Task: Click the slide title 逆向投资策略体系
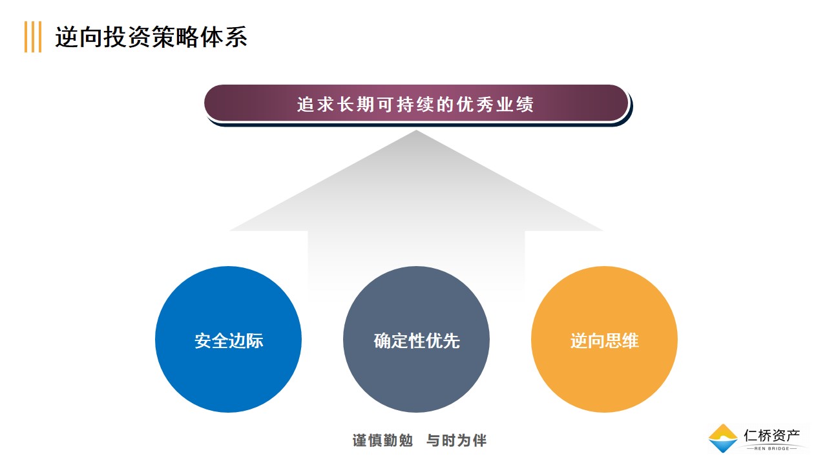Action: click(x=151, y=37)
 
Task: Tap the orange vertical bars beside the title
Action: click(x=33, y=37)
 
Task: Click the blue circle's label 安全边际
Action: click(x=229, y=340)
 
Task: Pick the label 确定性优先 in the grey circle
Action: click(x=417, y=340)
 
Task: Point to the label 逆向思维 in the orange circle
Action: click(x=604, y=340)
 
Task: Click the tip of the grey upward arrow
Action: click(x=416, y=130)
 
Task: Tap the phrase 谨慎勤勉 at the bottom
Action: click(x=382, y=440)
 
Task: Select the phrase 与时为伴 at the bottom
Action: click(x=456, y=440)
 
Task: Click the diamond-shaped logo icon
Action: click(x=723, y=438)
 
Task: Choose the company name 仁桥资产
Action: click(x=771, y=435)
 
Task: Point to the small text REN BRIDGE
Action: click(x=771, y=449)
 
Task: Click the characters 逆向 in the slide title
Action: click(x=79, y=37)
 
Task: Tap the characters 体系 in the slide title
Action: click(x=224, y=37)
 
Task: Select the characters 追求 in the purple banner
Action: click(x=316, y=105)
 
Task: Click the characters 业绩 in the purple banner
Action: click(x=515, y=105)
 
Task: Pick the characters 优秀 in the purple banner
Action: click(x=475, y=105)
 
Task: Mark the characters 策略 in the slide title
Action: click(x=175, y=37)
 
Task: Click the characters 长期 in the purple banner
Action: click(x=355, y=105)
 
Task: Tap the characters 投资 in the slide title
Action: click(x=127, y=37)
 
